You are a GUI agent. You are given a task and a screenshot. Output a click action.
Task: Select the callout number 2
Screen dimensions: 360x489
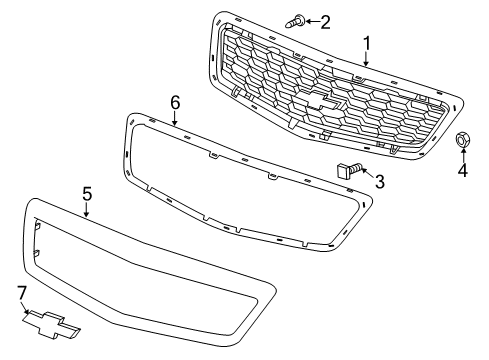(325, 20)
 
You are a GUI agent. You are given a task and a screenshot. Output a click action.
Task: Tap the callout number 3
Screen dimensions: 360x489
(379, 181)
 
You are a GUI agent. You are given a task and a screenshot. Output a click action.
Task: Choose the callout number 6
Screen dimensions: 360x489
(174, 102)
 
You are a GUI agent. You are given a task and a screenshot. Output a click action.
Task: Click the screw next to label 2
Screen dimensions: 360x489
(296, 19)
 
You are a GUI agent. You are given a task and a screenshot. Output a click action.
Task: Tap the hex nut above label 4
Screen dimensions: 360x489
(463, 140)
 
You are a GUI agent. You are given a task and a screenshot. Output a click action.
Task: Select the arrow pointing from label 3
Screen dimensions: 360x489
(364, 176)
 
